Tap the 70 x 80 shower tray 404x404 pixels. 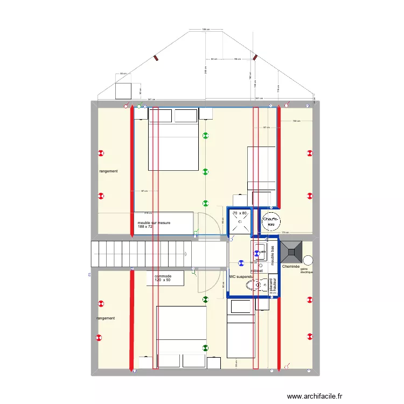tap(240, 221)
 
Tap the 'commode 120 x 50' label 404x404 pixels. tap(163, 278)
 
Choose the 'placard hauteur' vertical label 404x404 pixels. tap(273, 286)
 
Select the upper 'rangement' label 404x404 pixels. tap(108, 171)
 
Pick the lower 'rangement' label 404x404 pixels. tap(106, 318)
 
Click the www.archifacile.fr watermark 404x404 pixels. tap(315, 396)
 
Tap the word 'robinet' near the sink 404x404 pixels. tap(256, 270)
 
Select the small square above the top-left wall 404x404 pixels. tap(124, 91)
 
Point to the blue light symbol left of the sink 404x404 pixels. tap(240, 263)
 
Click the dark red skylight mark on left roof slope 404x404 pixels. tap(156, 58)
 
